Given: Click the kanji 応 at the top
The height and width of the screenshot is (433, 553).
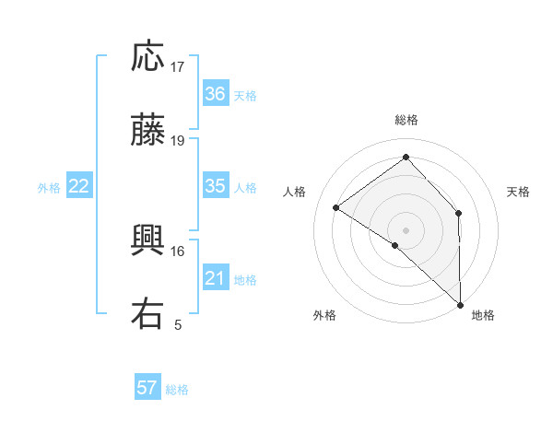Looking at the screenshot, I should [148, 58].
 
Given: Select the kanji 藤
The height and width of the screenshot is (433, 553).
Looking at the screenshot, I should [148, 133].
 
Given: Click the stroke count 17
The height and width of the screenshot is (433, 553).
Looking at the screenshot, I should [178, 67].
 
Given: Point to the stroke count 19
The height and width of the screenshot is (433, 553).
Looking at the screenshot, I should [178, 141].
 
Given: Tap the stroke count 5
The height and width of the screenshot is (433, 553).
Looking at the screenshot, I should [178, 324].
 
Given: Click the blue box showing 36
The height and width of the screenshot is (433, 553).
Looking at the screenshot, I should [215, 94].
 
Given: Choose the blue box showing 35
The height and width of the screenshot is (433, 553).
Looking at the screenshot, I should [215, 186].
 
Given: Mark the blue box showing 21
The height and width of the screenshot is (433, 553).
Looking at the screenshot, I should [215, 278].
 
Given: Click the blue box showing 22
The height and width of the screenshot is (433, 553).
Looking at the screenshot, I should [79, 186].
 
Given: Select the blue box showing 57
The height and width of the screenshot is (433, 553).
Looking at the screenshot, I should [147, 388].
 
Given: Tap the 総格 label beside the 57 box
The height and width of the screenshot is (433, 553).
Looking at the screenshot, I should [178, 390].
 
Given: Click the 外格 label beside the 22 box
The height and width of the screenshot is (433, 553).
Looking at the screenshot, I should [49, 188].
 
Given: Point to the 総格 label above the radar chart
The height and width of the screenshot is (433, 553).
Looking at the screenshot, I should [406, 120].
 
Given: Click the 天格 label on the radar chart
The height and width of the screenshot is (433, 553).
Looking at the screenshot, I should [519, 192].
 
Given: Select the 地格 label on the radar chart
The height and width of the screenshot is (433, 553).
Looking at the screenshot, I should [483, 316].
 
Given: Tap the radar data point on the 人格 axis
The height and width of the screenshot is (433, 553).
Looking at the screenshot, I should [336, 208].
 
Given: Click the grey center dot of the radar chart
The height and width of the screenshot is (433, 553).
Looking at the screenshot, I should [406, 229].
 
